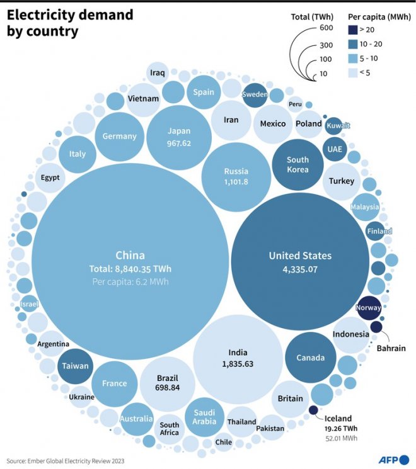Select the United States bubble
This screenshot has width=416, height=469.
coord(300,261)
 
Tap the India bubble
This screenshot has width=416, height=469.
coord(238,358)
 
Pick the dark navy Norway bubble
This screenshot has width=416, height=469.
coord(368,308)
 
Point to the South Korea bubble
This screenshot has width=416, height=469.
coord(298,164)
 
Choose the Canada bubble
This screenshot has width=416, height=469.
coord(310,358)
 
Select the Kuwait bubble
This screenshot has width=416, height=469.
coord(333,126)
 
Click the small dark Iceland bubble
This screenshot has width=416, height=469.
coord(313,410)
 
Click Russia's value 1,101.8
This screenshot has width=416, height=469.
coord(236,182)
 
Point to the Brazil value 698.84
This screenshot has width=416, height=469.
coord(167,388)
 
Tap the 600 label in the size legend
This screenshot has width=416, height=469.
coord(326,28)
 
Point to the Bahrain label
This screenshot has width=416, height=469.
coord(391,348)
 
